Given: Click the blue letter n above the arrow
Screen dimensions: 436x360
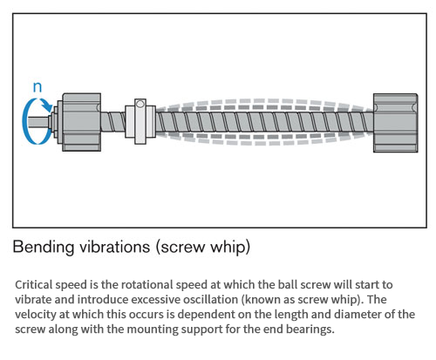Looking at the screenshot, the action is (x=37, y=87).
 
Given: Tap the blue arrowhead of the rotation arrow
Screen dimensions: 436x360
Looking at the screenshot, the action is (x=46, y=105).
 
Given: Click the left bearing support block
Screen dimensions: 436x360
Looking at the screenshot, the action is (x=82, y=122).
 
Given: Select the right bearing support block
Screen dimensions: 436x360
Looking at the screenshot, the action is (x=396, y=123).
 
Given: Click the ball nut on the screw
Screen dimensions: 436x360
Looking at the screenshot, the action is (x=140, y=121).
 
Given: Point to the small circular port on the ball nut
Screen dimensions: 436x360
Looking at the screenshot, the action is (x=140, y=104).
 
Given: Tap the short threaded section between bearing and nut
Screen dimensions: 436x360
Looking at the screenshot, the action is (x=113, y=122).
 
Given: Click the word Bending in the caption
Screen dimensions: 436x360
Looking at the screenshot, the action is (x=44, y=247).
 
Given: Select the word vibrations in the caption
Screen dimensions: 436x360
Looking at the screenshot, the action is (x=115, y=247).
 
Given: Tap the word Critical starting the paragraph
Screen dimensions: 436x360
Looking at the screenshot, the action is (x=34, y=285).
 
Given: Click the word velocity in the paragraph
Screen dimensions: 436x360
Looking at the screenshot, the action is (x=35, y=315).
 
